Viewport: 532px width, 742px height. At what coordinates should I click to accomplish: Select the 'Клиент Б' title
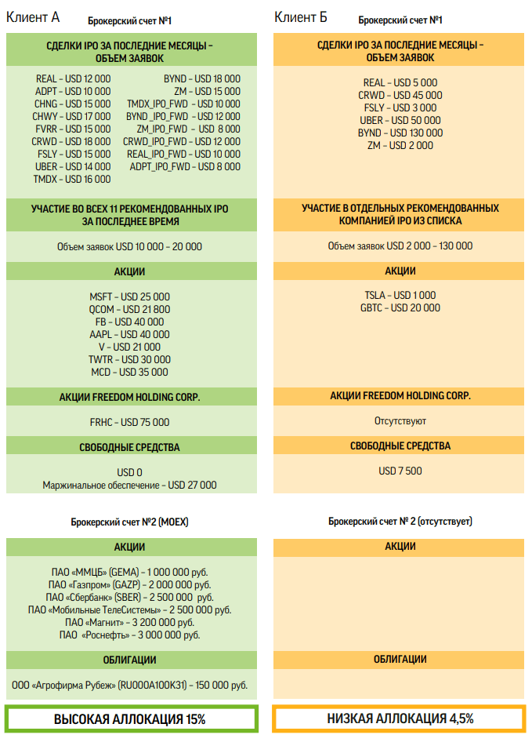click(301, 17)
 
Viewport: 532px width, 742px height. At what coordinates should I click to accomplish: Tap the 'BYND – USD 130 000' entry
click(400, 133)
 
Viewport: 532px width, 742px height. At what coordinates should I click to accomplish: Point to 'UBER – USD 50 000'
click(400, 120)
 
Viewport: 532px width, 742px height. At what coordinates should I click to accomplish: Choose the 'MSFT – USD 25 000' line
click(130, 296)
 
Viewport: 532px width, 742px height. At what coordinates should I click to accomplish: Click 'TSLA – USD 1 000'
click(400, 295)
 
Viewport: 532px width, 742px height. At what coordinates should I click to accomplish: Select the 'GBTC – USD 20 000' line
click(400, 307)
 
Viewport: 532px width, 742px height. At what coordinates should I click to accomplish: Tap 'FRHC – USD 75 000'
click(130, 422)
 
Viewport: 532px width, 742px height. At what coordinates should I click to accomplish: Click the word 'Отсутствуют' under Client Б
click(400, 421)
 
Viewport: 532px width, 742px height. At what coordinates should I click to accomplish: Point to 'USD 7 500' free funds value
click(400, 471)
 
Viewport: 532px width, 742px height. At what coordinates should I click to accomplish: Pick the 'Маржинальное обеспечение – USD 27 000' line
click(130, 486)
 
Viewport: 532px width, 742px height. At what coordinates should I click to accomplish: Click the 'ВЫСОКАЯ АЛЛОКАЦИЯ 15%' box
click(130, 718)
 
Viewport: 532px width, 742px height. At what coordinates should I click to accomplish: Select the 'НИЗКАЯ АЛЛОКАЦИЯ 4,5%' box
click(400, 718)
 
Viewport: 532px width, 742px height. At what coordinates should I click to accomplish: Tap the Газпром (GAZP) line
click(130, 584)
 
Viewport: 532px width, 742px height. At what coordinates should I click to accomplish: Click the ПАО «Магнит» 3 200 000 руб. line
click(130, 622)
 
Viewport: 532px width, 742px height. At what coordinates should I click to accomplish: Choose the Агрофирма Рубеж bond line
click(130, 685)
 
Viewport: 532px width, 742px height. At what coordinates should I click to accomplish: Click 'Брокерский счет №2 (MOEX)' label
click(130, 521)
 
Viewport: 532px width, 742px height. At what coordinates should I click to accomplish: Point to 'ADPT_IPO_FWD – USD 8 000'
click(183, 166)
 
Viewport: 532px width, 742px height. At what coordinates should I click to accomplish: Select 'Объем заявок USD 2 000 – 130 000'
click(400, 246)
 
